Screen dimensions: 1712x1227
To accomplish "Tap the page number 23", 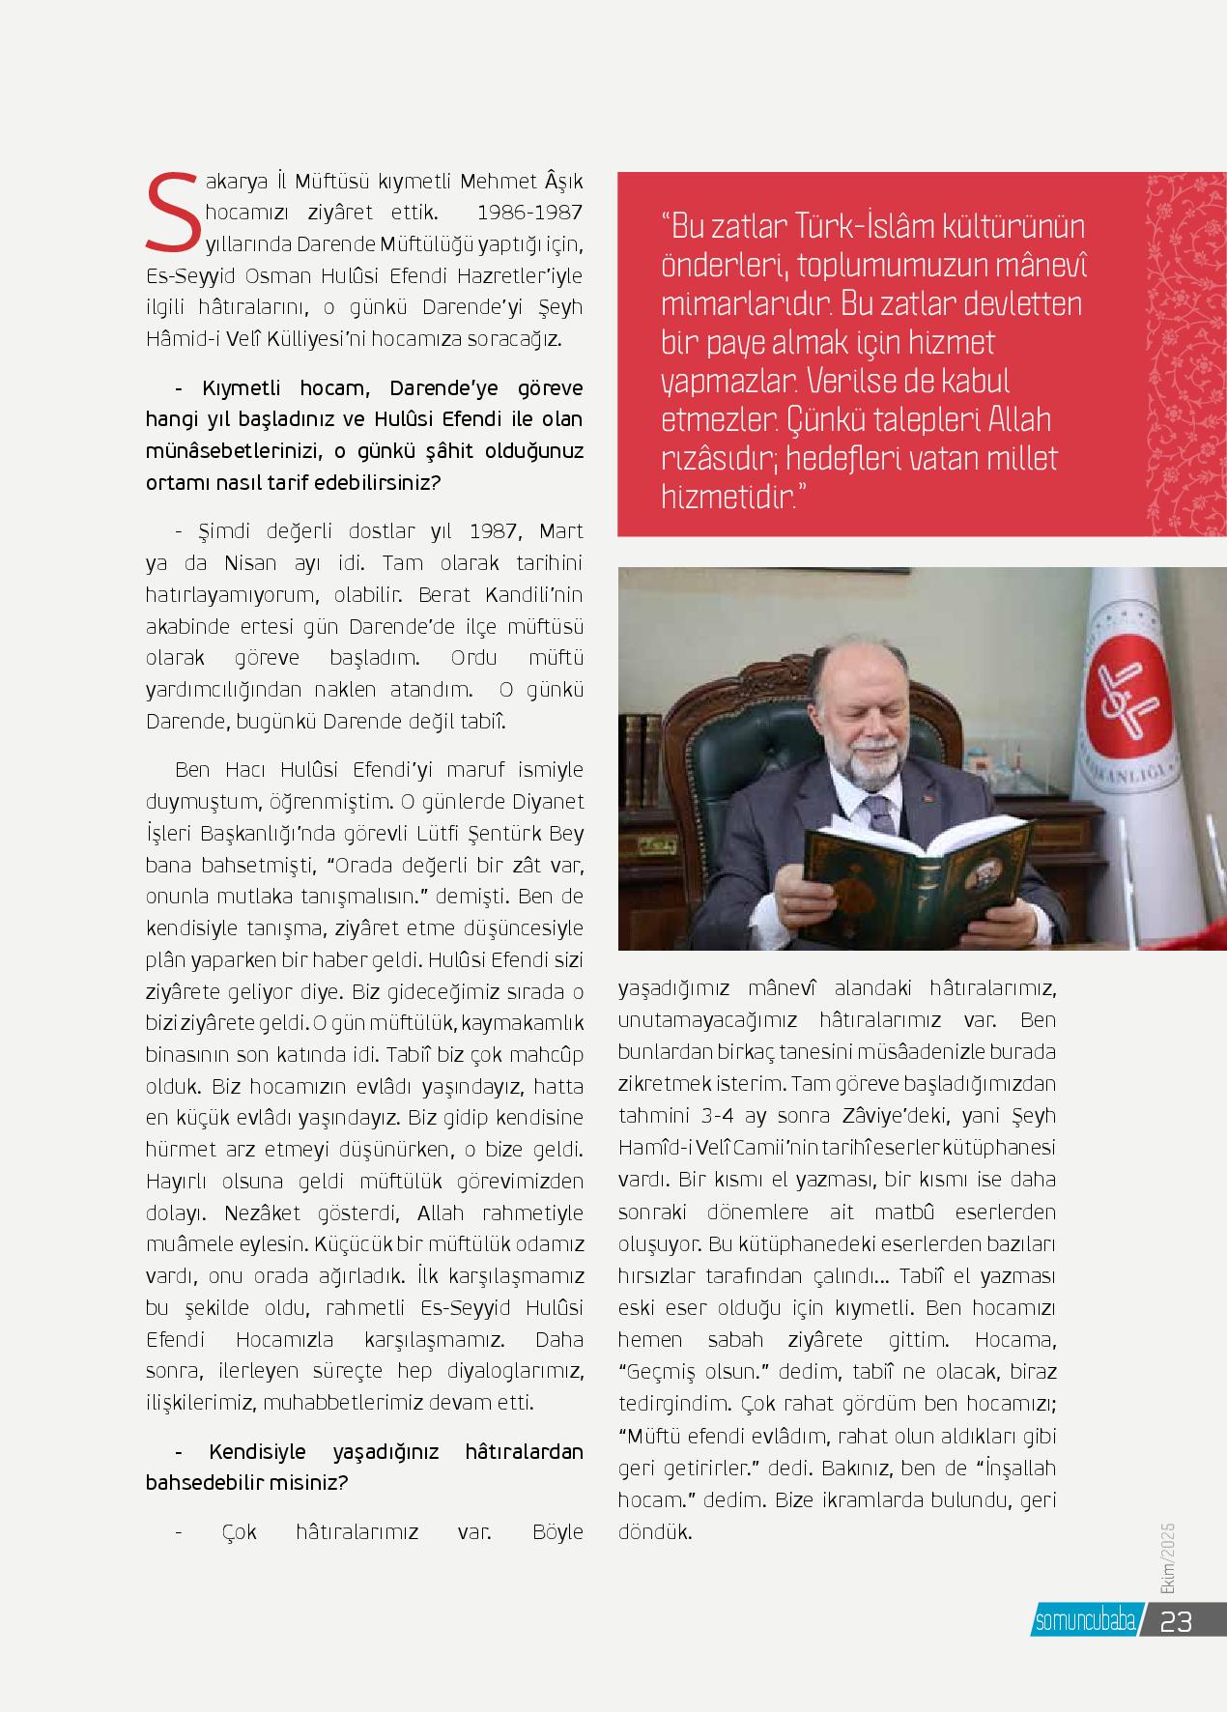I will (1177, 1620).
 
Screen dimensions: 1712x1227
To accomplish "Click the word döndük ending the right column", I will (655, 1532).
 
